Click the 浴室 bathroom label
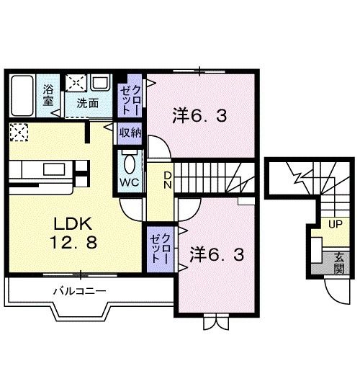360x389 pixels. [48, 96]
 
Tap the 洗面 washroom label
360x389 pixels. [88, 103]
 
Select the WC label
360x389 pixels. [129, 182]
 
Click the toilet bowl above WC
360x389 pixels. [130, 159]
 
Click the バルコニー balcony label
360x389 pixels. [79, 291]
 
